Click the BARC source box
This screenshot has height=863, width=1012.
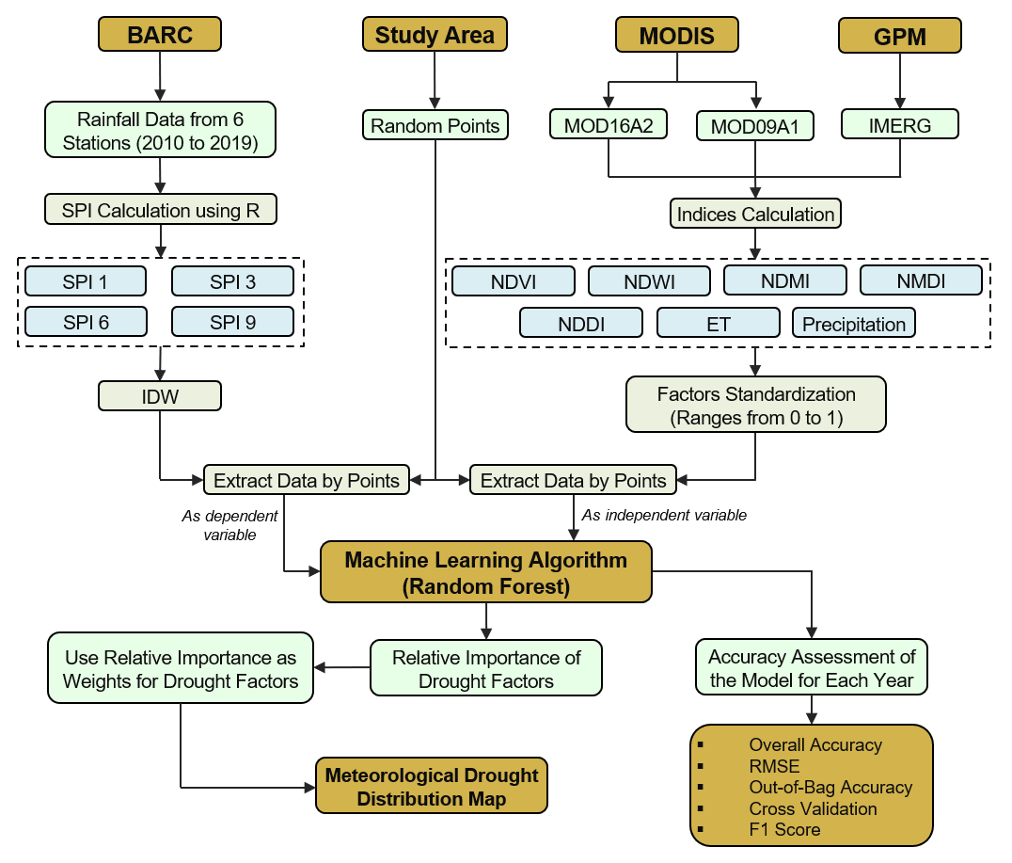(160, 36)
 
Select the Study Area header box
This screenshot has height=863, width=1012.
(435, 36)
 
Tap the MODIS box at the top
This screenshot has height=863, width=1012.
(677, 36)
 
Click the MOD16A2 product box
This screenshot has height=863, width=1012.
(608, 125)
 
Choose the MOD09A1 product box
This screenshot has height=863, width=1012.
(755, 125)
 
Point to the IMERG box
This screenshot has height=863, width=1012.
(900, 124)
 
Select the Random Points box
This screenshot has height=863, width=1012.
(435, 125)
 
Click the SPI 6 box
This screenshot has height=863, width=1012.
(86, 322)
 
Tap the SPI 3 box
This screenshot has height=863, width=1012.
(232, 281)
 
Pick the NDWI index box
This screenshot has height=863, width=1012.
(649, 281)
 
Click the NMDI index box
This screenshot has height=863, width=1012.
(921, 280)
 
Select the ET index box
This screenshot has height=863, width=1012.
(718, 324)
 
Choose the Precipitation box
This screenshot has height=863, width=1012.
(853, 324)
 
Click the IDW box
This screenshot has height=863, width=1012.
(160, 396)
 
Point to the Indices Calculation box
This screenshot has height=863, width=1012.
(755, 214)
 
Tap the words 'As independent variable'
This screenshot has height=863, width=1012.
(664, 516)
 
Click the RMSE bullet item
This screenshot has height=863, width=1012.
(774, 766)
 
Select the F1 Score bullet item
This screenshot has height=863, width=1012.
(784, 829)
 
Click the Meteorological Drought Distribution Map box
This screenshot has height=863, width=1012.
(431, 787)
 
